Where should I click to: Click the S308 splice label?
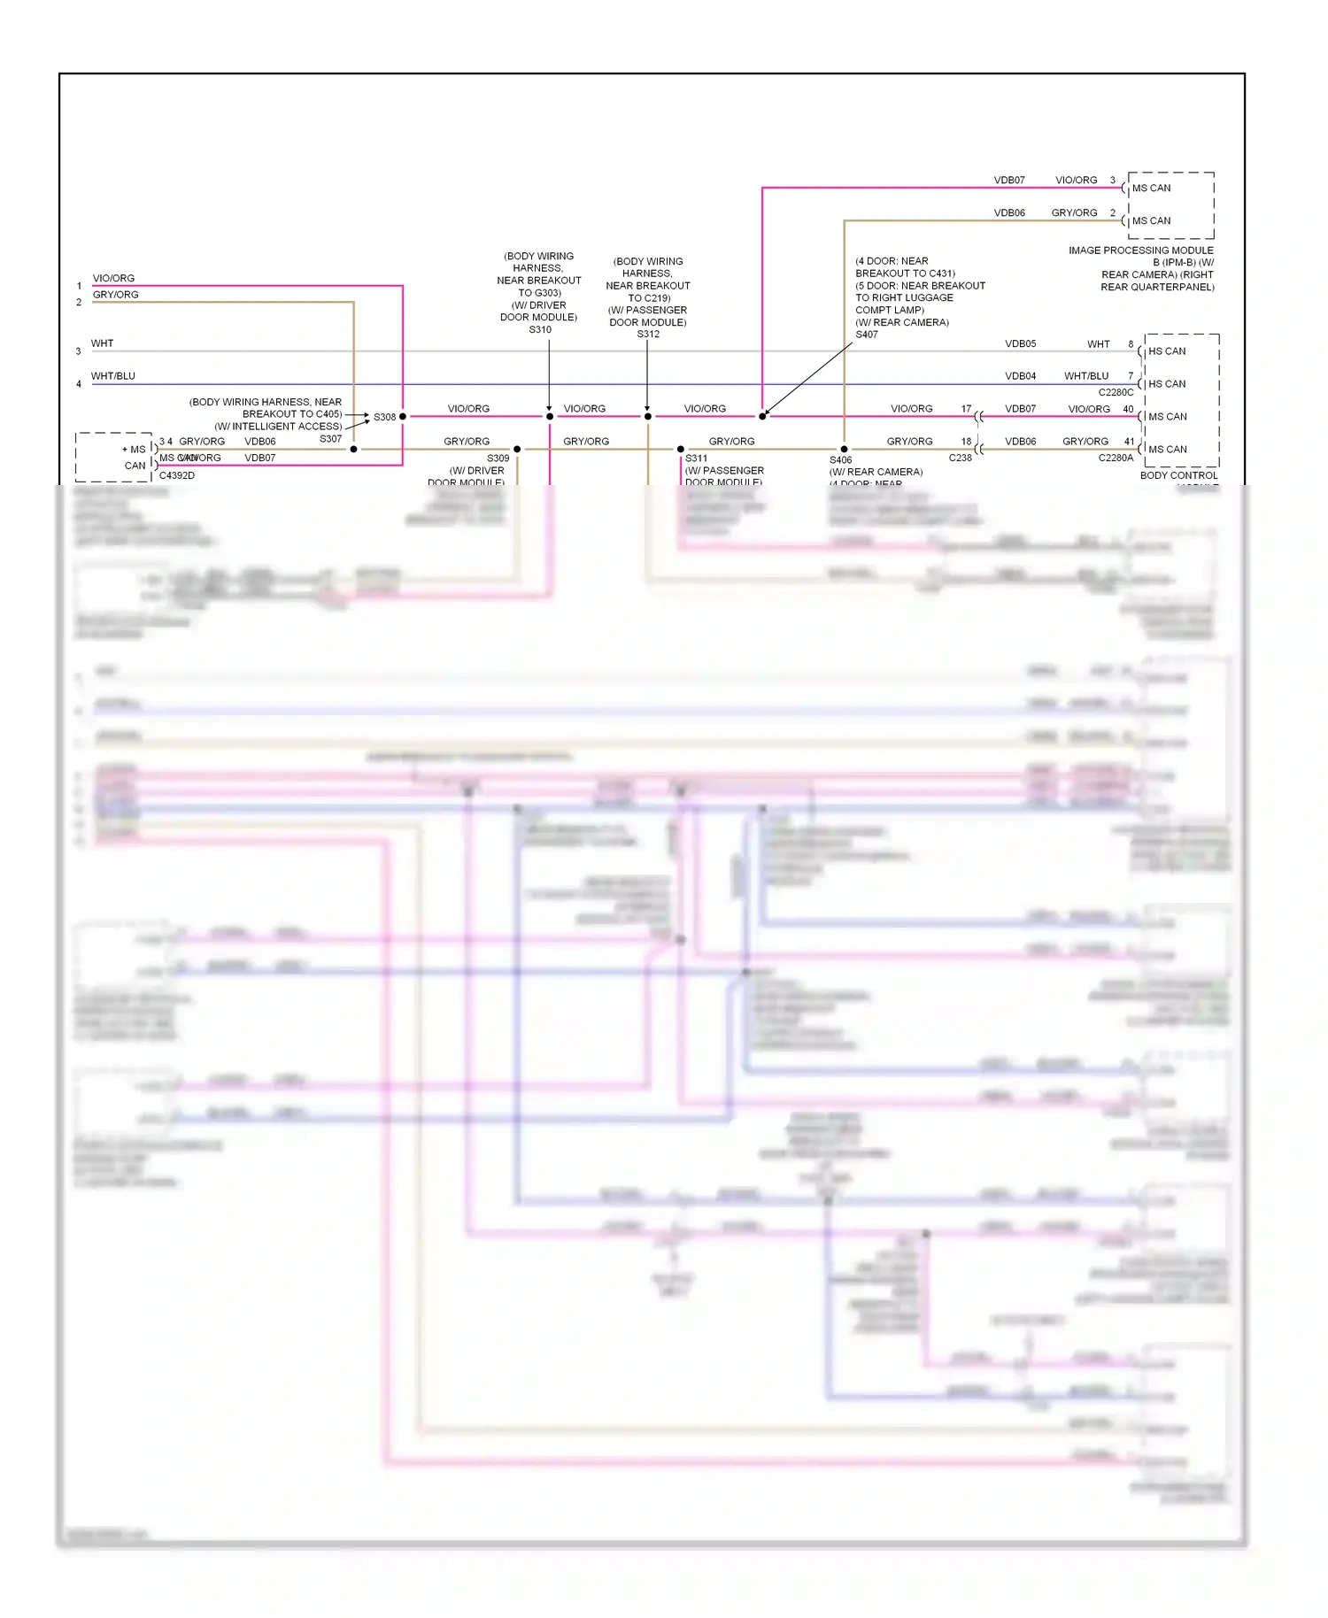(384, 417)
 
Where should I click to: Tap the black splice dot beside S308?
(403, 416)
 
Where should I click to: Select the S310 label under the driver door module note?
(540, 329)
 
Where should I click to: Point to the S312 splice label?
(648, 334)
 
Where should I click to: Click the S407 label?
(867, 335)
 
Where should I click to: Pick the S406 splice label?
(840, 460)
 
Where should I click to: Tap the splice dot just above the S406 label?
(844, 449)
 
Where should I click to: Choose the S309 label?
(498, 458)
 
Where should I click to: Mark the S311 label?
(697, 458)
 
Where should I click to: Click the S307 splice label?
(330, 439)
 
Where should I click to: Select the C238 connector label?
(960, 458)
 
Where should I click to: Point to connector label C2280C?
(1116, 392)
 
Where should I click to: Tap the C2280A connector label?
(1116, 458)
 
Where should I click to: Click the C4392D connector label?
(177, 475)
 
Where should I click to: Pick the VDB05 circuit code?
(1020, 343)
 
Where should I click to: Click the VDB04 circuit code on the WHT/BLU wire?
(1020, 376)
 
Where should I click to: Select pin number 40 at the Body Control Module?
(1128, 409)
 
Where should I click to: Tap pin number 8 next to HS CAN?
(1131, 343)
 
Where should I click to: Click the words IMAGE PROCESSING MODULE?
(1141, 250)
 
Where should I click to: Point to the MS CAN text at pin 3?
(1151, 188)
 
